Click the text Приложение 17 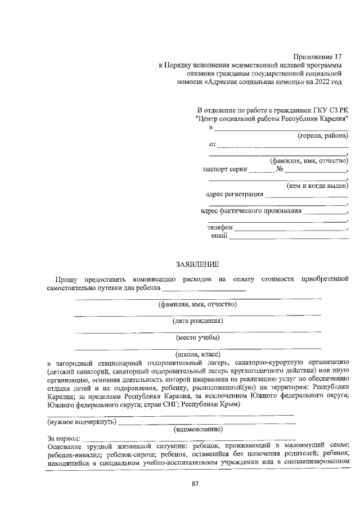point(317,56)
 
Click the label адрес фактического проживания point(251,211)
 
